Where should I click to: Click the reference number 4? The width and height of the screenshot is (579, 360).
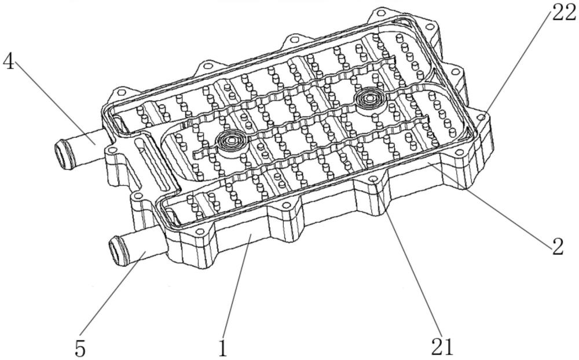point(9,62)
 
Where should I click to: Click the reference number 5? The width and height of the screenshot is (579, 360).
point(80,348)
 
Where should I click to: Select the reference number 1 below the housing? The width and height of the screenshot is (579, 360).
point(223,348)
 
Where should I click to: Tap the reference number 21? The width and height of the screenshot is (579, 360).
point(442,347)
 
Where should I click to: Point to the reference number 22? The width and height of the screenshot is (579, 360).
point(564,14)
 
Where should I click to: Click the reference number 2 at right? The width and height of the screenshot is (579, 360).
point(558,247)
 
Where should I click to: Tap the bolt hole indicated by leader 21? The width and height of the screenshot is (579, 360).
point(373,179)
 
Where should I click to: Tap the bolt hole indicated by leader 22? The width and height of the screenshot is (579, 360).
point(481,117)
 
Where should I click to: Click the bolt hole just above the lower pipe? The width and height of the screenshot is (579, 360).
point(137,196)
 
